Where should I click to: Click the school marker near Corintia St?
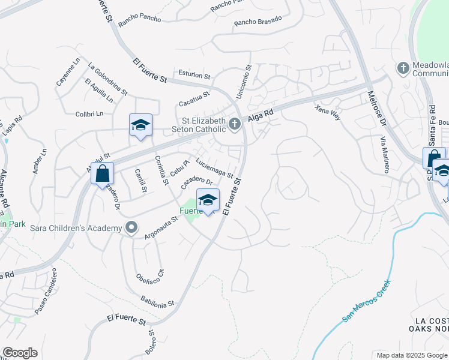click(x=140, y=125)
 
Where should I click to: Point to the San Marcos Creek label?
click(x=367, y=301)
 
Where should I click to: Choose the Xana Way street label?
click(x=328, y=112)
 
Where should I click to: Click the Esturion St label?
click(x=190, y=76)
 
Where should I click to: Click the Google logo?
click(x=20, y=353)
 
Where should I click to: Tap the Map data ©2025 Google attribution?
click(x=411, y=355)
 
